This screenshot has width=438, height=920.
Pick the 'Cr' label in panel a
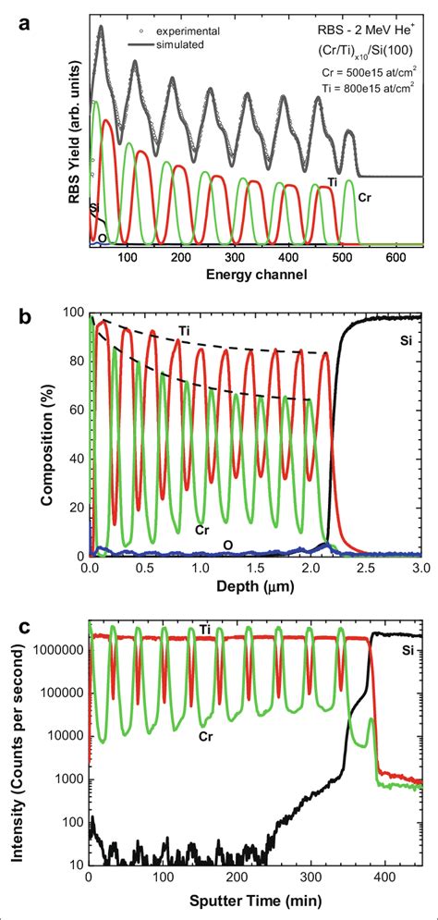tap(364, 196)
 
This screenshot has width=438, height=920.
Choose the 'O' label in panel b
tap(227, 545)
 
